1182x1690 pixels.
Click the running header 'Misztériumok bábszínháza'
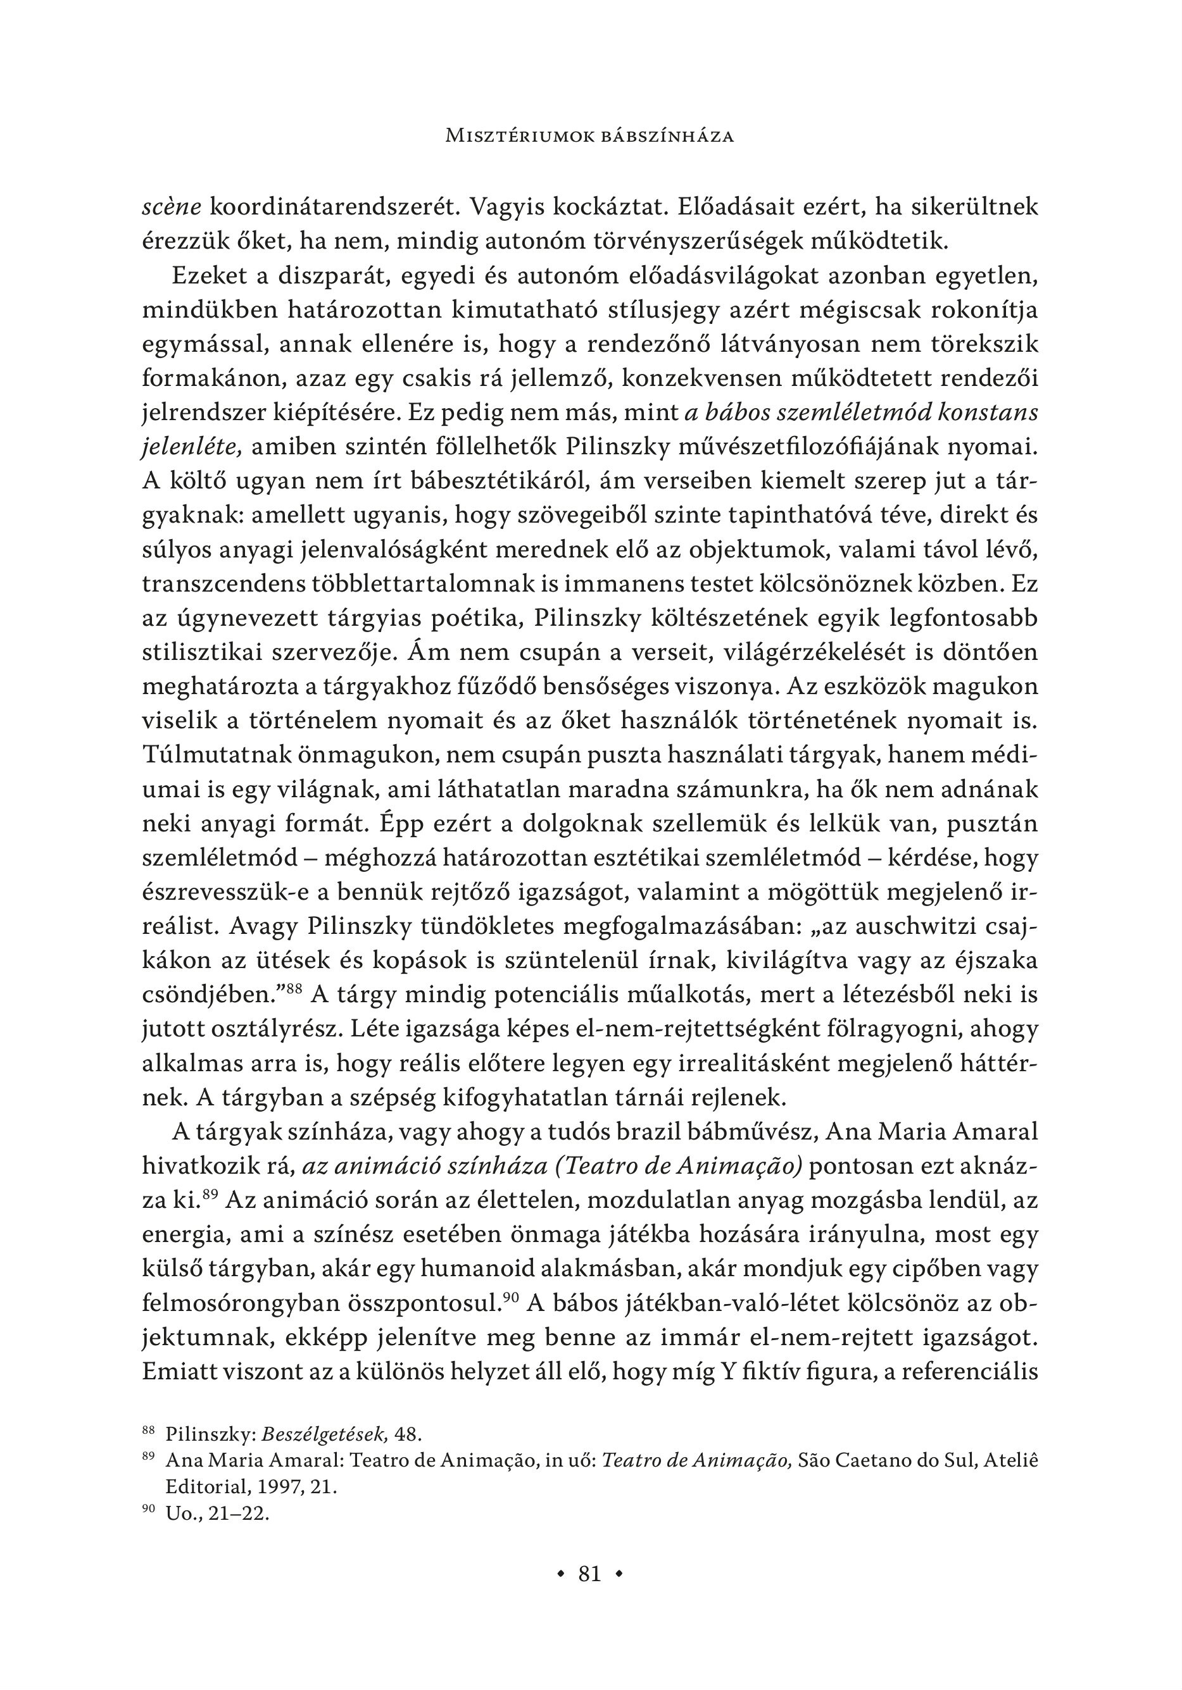[x=591, y=136]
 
